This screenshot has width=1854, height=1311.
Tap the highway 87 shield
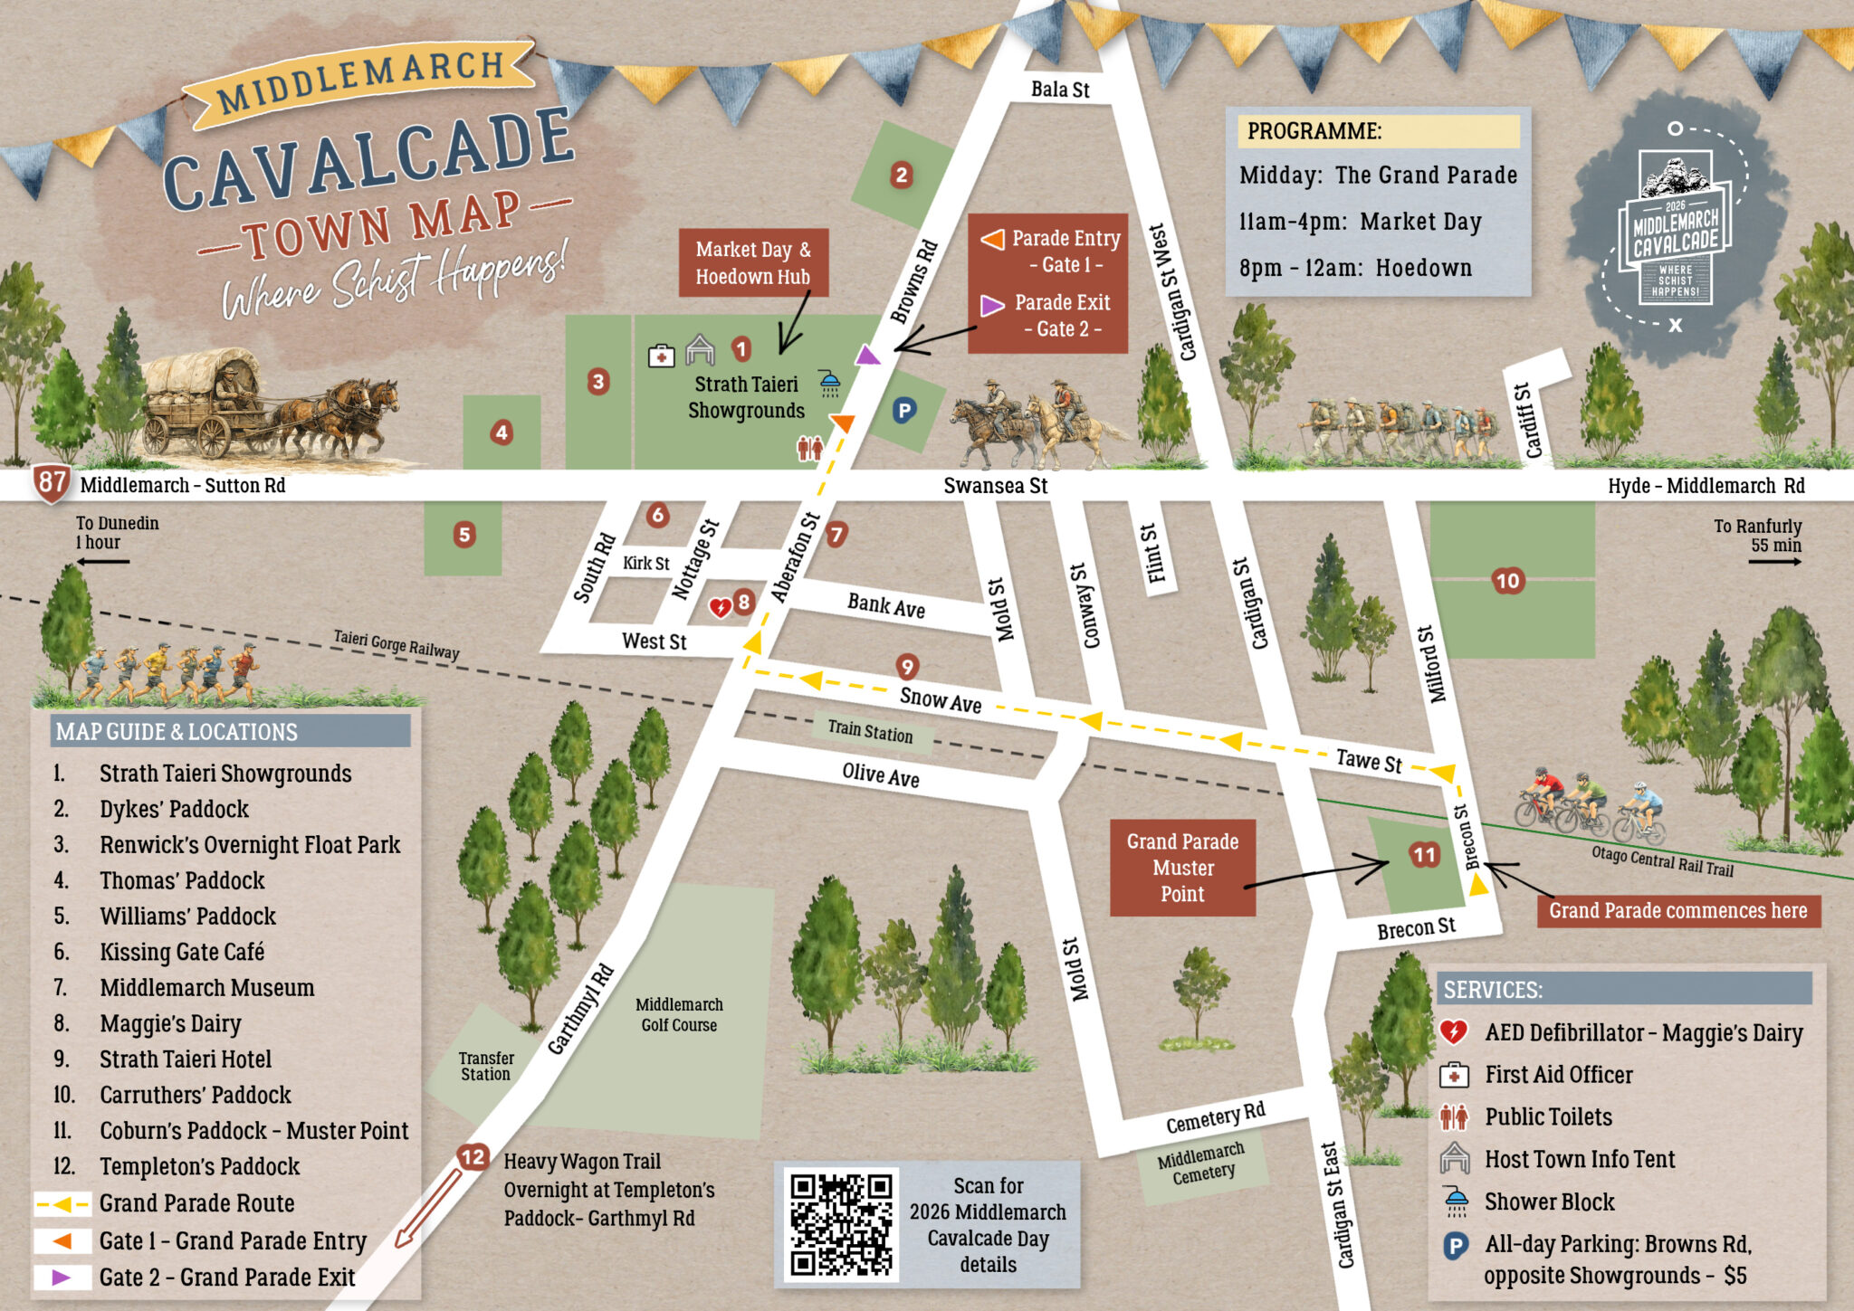(x=52, y=482)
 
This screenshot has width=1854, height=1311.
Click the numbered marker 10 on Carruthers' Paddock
(x=1507, y=581)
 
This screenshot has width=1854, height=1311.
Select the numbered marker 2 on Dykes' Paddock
(x=901, y=175)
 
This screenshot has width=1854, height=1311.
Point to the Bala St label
(x=1060, y=90)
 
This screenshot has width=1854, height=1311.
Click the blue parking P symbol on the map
(x=903, y=411)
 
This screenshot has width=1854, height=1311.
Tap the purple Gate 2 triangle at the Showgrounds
(x=867, y=356)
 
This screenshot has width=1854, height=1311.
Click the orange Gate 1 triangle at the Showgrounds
(x=843, y=423)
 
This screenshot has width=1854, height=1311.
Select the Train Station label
(x=869, y=730)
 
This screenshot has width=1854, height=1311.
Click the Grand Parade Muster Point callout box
(x=1182, y=868)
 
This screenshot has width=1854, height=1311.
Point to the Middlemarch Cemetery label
(x=1201, y=1164)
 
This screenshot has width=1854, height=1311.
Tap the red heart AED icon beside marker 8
(x=720, y=607)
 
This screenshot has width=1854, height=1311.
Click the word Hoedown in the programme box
(x=1423, y=268)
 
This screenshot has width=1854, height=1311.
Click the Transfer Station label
(x=485, y=1066)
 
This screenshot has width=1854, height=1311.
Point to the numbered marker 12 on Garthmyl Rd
(x=473, y=1157)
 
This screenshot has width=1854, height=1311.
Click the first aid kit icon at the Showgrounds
(x=662, y=356)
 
